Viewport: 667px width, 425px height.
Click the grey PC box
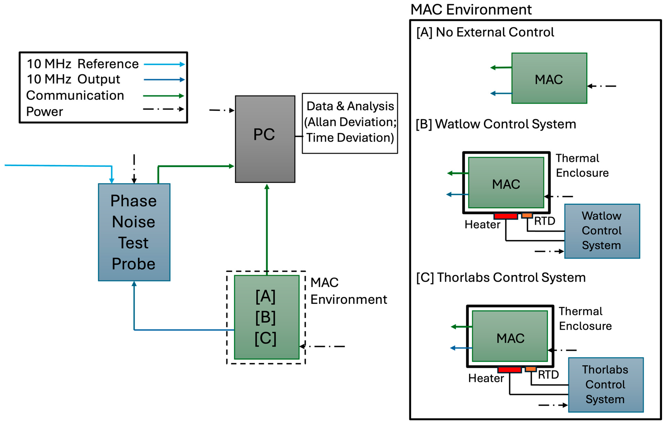click(x=265, y=139)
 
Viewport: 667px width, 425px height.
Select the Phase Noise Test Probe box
click(x=134, y=232)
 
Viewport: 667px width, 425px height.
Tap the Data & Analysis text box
click(x=350, y=123)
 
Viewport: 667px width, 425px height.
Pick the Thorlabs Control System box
click(x=606, y=385)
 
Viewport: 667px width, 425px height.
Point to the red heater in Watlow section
click(x=506, y=216)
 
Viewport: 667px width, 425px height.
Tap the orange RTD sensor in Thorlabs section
click(x=531, y=369)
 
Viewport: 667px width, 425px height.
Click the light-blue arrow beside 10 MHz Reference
click(x=164, y=64)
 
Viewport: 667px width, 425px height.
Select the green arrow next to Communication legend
click(x=164, y=96)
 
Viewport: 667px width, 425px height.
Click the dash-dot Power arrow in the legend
click(x=164, y=109)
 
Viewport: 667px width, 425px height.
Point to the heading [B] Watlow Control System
click(x=496, y=124)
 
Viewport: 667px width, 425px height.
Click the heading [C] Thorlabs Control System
click(x=501, y=278)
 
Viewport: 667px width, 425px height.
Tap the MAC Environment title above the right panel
click(x=471, y=10)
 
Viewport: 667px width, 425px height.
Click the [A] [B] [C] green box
click(x=267, y=317)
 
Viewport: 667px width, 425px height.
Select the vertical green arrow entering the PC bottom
click(x=267, y=230)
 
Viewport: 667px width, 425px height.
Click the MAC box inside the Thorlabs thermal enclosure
click(x=510, y=336)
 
